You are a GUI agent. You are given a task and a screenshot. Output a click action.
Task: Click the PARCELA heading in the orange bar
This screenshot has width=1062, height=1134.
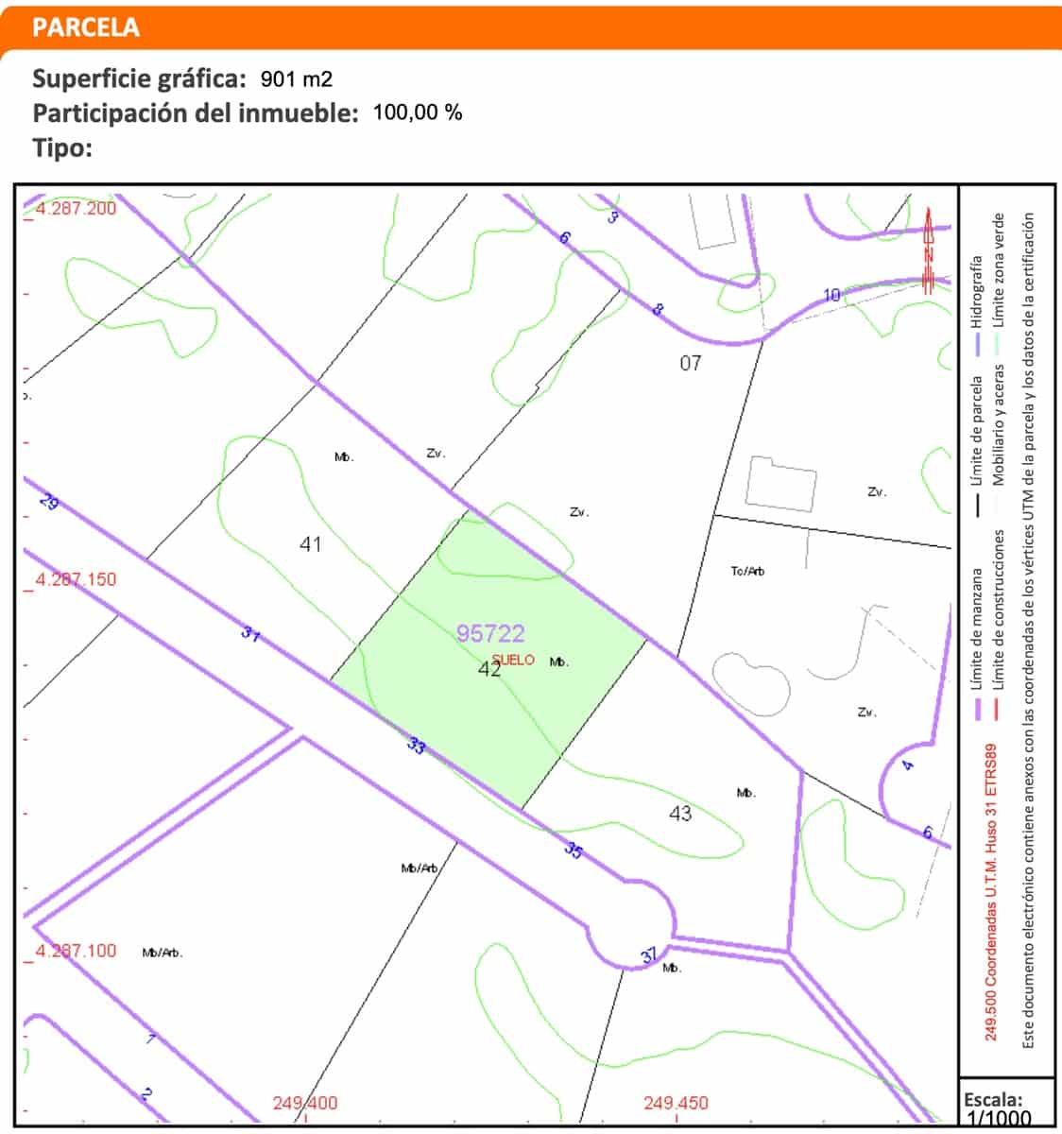[85, 27]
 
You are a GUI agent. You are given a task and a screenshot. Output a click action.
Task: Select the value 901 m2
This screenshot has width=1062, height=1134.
[297, 78]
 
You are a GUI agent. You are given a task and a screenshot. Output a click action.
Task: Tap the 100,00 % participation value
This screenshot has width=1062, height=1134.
[418, 112]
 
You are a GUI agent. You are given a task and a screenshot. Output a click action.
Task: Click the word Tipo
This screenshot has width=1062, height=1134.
[61, 147]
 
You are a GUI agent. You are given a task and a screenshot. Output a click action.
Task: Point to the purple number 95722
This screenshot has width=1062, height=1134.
[490, 633]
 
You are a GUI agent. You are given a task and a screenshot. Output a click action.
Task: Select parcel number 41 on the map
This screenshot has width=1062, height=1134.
[310, 543]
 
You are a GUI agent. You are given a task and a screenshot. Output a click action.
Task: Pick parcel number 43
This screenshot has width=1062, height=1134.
[680, 813]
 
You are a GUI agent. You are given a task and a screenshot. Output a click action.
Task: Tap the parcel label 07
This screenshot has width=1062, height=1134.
[691, 362]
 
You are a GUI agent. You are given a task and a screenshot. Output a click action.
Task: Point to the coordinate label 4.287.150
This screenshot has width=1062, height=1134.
[76, 579]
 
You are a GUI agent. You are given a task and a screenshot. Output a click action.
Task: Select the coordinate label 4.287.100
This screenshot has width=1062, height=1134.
[76, 951]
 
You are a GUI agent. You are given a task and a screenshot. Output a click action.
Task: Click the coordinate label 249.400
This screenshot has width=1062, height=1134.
[305, 1103]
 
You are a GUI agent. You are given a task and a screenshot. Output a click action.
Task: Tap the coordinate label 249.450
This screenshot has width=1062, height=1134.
[677, 1103]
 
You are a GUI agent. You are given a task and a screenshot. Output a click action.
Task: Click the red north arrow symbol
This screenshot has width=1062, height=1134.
[929, 250]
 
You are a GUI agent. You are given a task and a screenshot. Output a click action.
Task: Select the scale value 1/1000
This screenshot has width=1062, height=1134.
[998, 1118]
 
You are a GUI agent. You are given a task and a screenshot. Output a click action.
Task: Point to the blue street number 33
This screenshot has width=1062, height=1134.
[416, 746]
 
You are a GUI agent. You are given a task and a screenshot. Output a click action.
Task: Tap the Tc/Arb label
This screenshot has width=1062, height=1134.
[747, 572]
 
